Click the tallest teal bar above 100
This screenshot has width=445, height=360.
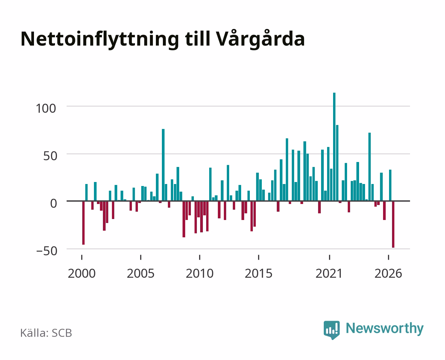click(334, 147)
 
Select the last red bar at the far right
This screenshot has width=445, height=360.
click(393, 224)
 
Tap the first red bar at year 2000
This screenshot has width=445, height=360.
click(83, 223)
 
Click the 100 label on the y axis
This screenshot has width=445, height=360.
click(46, 109)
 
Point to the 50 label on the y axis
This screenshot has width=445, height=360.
click(50, 156)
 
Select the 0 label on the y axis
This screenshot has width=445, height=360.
click(54, 203)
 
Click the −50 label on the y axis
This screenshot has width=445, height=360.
click(47, 251)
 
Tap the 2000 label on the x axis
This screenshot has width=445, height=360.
click(82, 273)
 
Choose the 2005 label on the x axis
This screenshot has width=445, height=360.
click(141, 273)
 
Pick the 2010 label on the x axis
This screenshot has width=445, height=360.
click(200, 273)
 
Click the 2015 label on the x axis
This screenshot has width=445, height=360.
click(259, 273)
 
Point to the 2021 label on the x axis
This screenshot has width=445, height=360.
click(329, 273)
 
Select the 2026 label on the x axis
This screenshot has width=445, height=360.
click(388, 273)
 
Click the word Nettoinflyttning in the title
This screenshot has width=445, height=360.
click(100, 40)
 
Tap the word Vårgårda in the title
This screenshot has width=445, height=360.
click(260, 39)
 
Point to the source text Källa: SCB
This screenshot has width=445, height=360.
click(46, 333)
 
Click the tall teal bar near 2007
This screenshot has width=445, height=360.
click(163, 165)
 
